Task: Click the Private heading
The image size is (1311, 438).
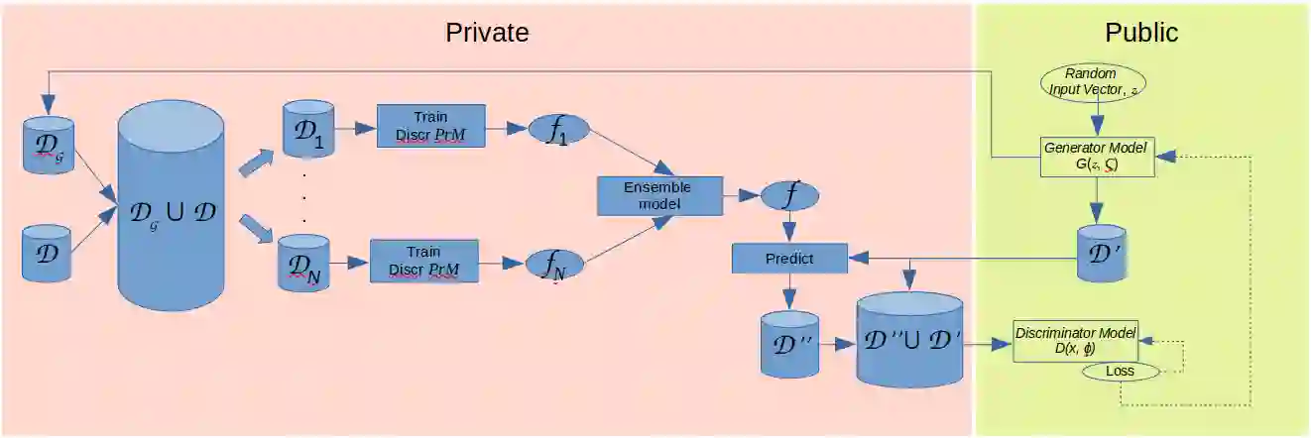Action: point(487,33)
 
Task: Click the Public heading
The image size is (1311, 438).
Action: point(1141,33)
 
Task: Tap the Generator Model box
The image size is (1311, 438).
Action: point(1097,158)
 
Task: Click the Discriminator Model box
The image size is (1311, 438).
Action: point(1075,341)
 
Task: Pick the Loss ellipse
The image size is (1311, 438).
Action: point(1120,372)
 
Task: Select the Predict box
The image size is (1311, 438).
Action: point(789,259)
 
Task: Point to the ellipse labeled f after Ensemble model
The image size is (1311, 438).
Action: point(789,196)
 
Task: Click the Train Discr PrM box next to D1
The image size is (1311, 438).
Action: point(431,127)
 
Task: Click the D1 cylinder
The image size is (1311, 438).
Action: point(307,129)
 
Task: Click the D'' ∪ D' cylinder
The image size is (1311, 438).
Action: point(909,340)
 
